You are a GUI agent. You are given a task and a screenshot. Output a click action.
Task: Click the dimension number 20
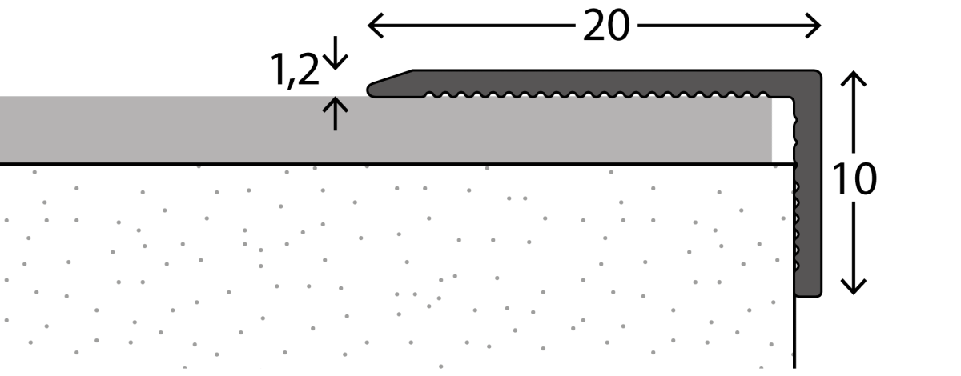point(607,26)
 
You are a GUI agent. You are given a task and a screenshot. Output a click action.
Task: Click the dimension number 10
point(854,178)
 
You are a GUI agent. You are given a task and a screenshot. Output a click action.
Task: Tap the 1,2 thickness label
point(295,70)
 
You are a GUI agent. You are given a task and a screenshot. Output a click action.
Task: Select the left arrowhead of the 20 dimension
point(376,26)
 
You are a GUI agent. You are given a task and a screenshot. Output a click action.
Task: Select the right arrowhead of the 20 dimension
point(814,26)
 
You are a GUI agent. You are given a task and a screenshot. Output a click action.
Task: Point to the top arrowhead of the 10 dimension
point(854,78)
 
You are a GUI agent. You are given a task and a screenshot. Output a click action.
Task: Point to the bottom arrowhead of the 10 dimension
point(854,287)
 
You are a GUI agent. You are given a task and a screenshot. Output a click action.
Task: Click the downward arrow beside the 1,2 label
point(335,53)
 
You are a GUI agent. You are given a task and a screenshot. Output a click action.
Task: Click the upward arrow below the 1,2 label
point(335,113)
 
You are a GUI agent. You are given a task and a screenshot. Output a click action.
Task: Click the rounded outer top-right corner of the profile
point(818,73)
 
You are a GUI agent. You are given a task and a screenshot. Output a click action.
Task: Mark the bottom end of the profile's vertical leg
point(808,295)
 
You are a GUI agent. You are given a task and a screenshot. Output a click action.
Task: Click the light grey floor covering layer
point(386,130)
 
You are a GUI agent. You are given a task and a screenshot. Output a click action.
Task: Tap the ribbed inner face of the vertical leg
point(796,227)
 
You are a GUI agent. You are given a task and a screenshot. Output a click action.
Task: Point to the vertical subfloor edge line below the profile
point(794,333)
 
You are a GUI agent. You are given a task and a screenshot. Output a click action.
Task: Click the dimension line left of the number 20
point(472,26)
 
